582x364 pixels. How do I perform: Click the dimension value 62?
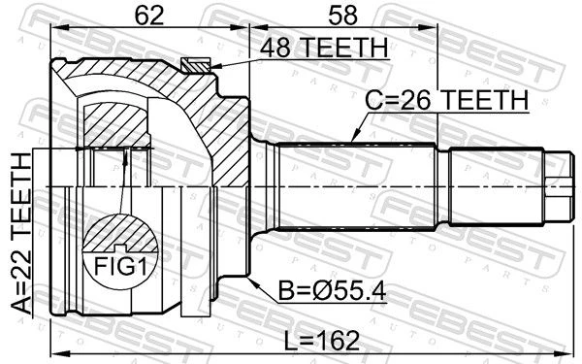[x=148, y=16]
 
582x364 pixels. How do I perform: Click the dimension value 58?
[x=342, y=16]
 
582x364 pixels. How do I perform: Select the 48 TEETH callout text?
[x=324, y=48]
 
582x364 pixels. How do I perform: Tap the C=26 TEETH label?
[x=446, y=100]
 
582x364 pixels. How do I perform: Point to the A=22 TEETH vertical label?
[x=20, y=234]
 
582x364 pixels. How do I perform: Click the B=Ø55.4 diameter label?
[x=332, y=291]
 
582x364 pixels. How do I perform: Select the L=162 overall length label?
[x=322, y=341]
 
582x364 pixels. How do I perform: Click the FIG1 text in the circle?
[x=121, y=266]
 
